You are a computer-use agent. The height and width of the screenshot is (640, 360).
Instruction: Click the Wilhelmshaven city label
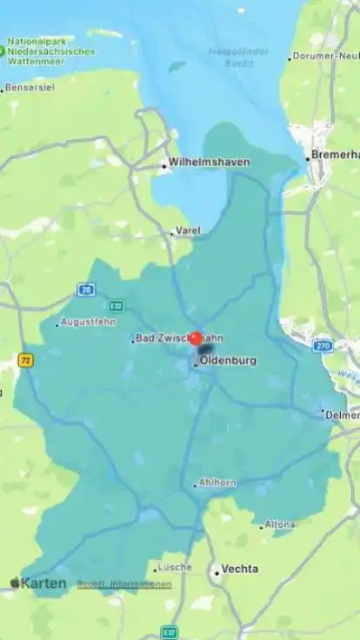(x=209, y=162)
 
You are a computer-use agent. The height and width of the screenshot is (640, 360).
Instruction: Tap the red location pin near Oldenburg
(x=196, y=339)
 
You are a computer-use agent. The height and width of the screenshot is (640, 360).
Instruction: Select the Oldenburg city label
(x=227, y=360)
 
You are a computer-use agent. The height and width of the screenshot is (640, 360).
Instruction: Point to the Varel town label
(x=188, y=230)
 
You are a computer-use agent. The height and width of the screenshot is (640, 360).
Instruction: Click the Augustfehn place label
(x=88, y=322)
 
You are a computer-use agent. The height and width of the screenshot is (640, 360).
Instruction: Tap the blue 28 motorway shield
(x=85, y=290)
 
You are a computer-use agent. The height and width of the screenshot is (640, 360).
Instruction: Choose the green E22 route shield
(x=117, y=306)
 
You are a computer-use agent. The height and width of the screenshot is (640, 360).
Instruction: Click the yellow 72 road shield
(x=25, y=359)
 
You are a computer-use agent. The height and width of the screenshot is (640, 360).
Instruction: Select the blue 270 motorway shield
(x=323, y=345)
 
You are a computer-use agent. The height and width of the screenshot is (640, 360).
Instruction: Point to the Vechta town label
(x=239, y=569)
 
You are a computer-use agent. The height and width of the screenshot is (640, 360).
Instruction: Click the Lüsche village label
(x=175, y=567)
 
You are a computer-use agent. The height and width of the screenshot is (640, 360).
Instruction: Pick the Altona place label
(x=280, y=524)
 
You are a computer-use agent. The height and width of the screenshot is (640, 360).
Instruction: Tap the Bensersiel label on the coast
(x=29, y=88)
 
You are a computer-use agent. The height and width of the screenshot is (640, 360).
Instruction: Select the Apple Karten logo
(x=38, y=583)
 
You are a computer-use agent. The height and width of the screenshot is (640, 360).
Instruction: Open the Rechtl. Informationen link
(x=124, y=584)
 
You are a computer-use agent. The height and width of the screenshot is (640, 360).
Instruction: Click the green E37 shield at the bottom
(x=170, y=632)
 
